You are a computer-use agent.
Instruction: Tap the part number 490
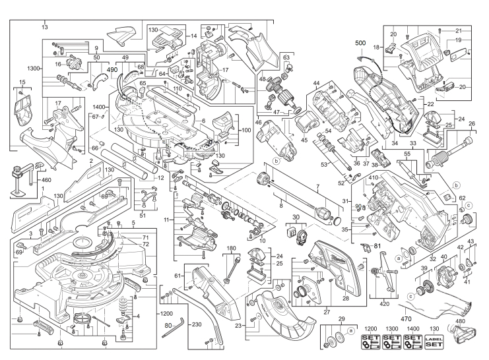112,69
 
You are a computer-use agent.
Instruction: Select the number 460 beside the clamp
28,179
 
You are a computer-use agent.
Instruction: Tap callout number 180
232,249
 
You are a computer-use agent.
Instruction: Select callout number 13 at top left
45,26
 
